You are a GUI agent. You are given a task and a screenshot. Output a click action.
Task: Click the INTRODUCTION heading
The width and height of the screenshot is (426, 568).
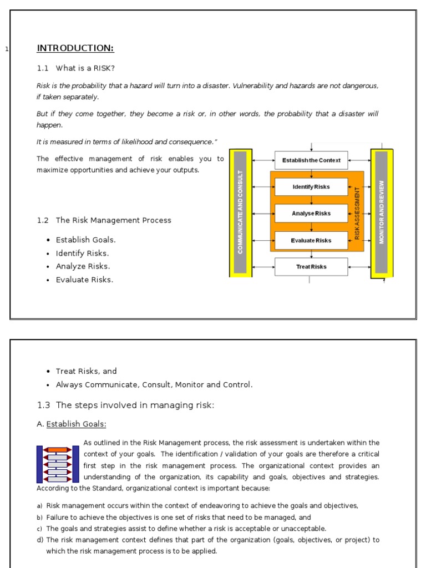(75, 48)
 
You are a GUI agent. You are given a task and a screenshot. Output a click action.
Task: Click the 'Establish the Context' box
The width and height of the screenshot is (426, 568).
(311, 160)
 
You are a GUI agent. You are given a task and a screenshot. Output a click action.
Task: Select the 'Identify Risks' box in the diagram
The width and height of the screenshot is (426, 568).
(311, 187)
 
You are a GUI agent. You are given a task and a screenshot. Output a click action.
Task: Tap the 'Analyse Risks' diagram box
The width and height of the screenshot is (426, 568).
(311, 214)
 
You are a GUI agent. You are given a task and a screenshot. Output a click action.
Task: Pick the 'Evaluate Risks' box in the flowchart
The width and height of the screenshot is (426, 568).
(311, 240)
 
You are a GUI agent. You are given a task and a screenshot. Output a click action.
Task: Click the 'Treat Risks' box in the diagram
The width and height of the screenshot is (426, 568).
(311, 267)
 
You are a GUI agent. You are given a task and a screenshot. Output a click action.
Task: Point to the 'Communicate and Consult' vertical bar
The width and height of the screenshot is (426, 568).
(240, 212)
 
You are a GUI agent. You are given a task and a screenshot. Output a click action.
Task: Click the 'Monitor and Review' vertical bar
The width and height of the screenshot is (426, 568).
(382, 212)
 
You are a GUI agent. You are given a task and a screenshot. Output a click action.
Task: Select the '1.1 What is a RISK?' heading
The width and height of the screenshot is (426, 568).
(76, 68)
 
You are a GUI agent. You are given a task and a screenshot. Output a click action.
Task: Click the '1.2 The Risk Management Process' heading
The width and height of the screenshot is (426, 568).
(104, 220)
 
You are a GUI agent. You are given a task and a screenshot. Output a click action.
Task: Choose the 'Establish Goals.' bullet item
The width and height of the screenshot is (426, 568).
(85, 240)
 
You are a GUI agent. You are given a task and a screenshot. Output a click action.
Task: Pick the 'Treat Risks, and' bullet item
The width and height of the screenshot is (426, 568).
(86, 371)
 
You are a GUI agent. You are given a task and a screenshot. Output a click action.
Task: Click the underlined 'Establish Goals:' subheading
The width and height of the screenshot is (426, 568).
(76, 424)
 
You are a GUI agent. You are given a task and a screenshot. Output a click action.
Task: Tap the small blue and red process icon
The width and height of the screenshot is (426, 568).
(58, 464)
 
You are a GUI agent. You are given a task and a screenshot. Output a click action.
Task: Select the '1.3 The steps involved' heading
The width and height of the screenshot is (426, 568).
(125, 405)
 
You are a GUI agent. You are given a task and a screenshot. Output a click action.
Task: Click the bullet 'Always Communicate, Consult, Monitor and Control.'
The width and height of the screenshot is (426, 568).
(154, 384)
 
